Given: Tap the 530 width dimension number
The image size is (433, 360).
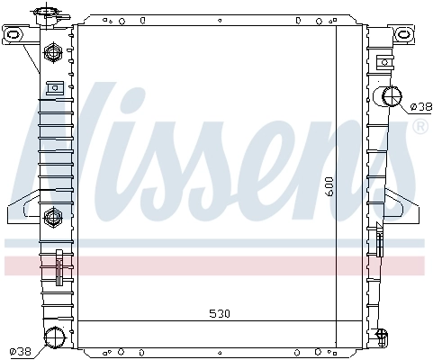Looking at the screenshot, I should (219, 314).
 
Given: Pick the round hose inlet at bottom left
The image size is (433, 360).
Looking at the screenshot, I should (55, 339).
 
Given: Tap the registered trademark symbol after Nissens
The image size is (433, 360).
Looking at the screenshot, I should (419, 127).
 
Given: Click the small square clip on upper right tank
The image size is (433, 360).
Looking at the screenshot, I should (384, 62).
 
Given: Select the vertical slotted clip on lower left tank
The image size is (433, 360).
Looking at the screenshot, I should (59, 269).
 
